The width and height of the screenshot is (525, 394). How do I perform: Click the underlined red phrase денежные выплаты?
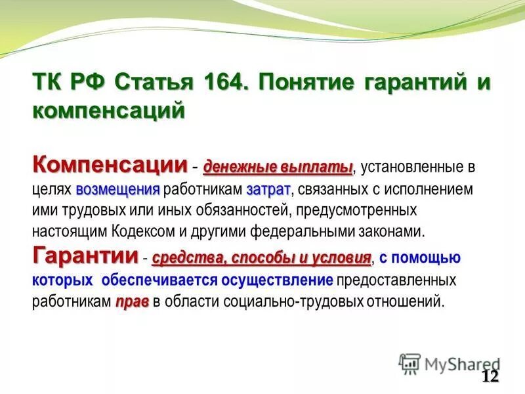[x=278, y=167]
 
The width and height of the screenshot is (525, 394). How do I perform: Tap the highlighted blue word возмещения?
[x=118, y=189]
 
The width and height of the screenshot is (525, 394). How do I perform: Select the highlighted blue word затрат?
[x=268, y=189]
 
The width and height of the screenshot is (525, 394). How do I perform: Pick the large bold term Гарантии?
[x=85, y=254]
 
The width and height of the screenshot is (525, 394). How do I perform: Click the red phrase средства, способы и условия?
[x=261, y=258]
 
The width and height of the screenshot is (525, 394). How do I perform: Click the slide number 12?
[x=490, y=376]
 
